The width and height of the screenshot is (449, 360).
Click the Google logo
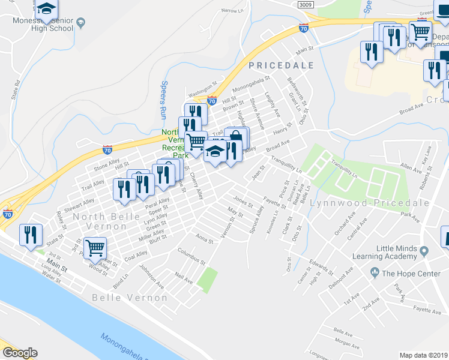point(20,353)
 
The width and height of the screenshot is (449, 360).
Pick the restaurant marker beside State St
point(29,235)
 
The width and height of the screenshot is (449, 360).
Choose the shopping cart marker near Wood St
point(95,247)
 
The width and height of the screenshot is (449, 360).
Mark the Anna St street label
point(205,240)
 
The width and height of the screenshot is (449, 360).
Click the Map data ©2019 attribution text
point(423,355)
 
